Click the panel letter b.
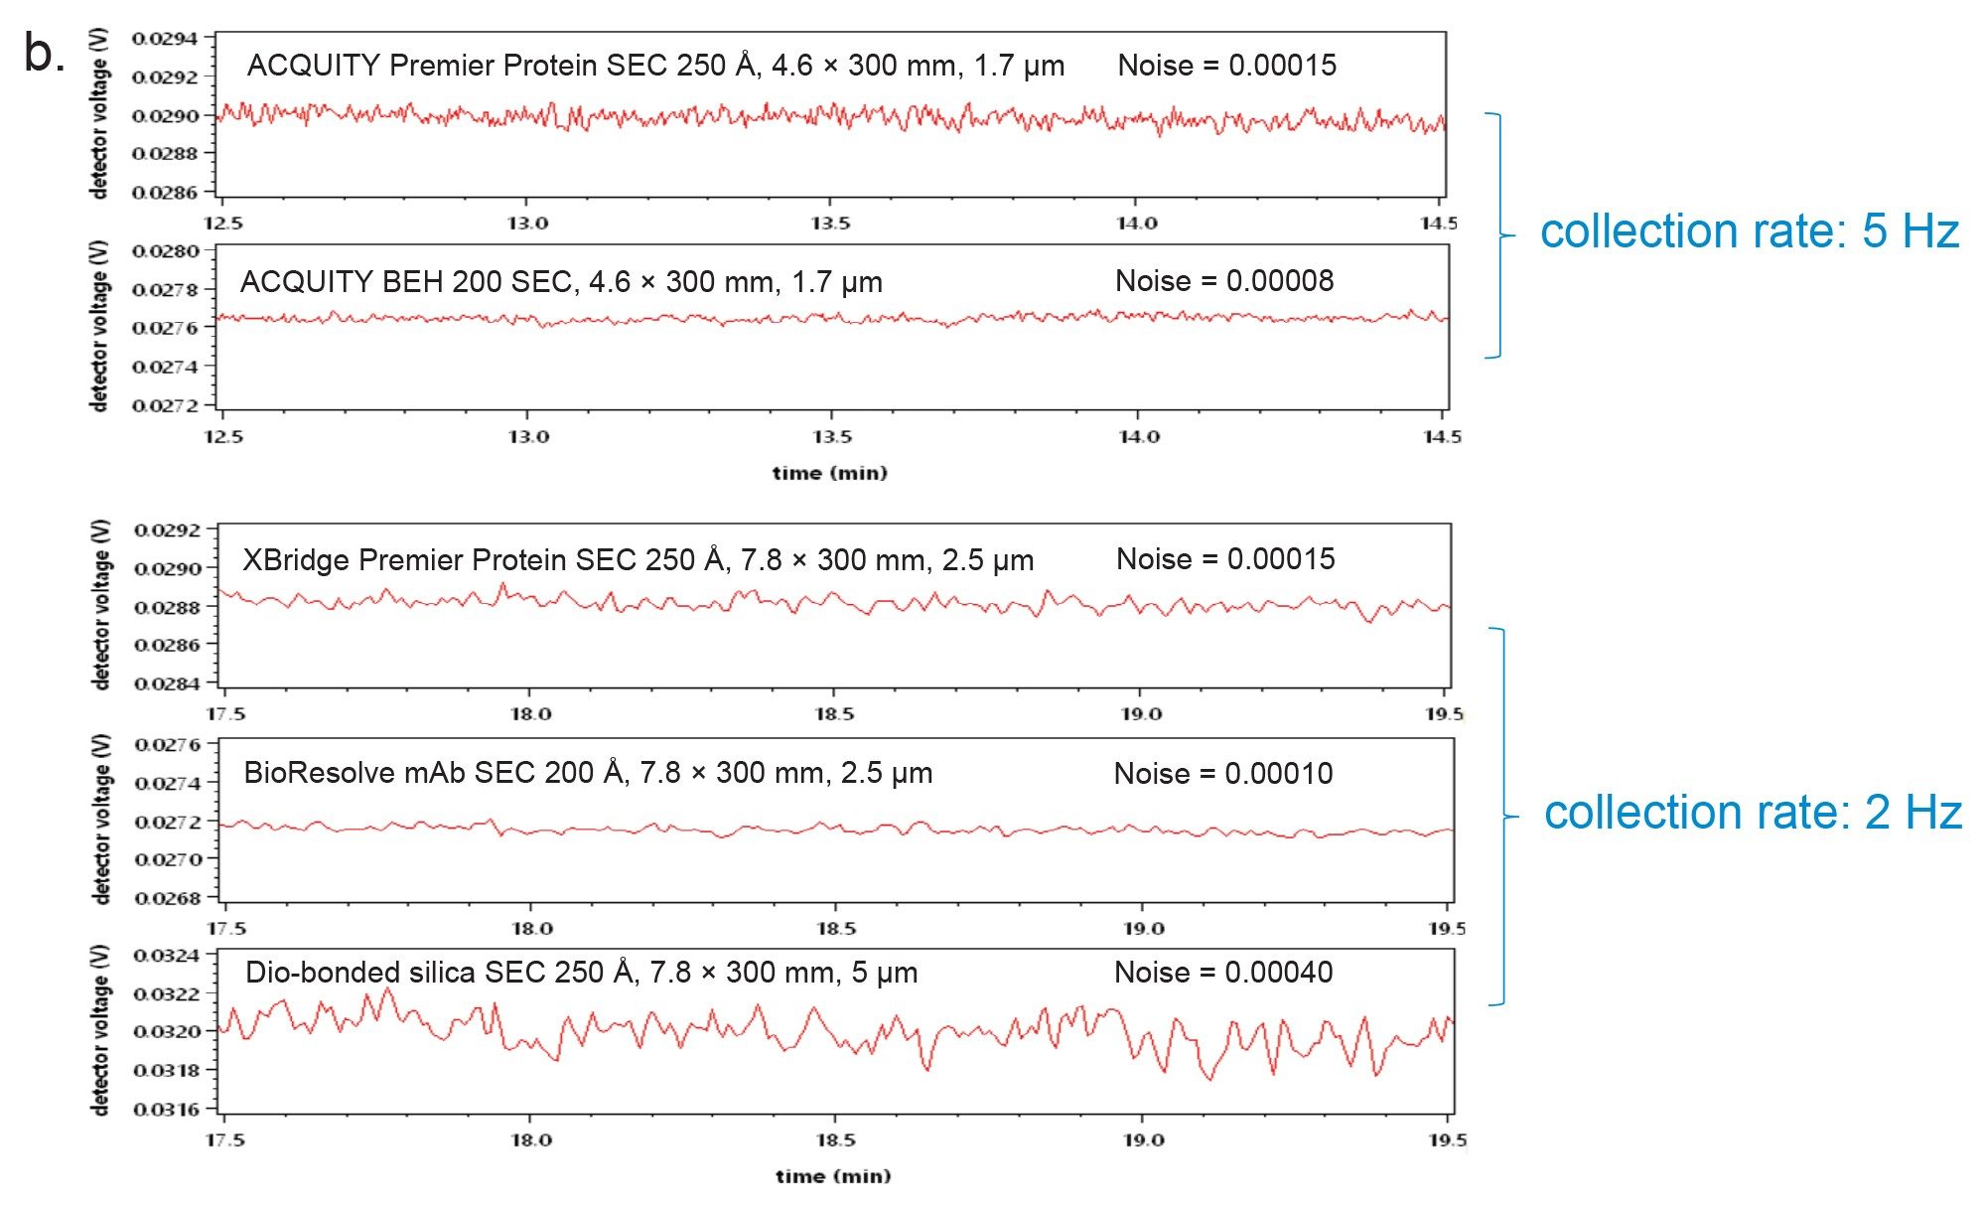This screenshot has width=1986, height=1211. click(43, 55)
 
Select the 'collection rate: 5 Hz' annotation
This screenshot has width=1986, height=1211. click(1749, 232)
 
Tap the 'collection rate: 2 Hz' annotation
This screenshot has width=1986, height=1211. click(1753, 814)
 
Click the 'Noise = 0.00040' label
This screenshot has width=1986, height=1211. click(1223, 973)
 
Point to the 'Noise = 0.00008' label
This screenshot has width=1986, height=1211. click(1224, 281)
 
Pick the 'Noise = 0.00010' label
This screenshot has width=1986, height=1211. click(1223, 774)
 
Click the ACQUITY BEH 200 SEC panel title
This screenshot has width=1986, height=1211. click(561, 283)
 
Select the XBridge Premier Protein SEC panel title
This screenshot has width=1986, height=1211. click(638, 561)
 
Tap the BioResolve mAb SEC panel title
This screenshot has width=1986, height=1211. click(588, 774)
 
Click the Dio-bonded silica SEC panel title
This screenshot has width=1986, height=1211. click(581, 973)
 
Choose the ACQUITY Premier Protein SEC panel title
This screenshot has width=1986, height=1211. click(655, 67)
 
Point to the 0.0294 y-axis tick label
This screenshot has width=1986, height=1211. click(165, 39)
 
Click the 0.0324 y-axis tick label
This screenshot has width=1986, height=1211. click(167, 956)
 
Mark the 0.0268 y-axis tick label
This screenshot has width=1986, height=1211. click(167, 899)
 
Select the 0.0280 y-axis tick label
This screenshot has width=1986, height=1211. click(165, 251)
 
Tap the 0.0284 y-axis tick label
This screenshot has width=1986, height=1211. click(167, 683)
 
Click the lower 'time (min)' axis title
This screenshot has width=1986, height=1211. click(833, 1177)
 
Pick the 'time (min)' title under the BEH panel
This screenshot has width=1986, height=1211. click(829, 474)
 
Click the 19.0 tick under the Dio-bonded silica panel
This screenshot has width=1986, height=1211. click(1143, 1140)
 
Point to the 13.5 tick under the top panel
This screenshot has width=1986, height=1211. click(830, 224)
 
